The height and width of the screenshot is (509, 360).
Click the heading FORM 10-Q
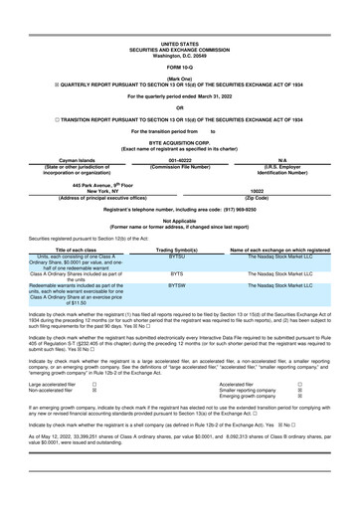pos(180,39)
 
